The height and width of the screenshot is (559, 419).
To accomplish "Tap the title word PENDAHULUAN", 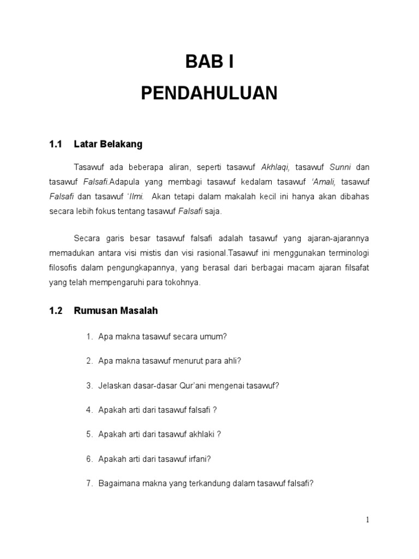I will [209, 93].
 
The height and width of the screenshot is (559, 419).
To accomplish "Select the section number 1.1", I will [56, 145].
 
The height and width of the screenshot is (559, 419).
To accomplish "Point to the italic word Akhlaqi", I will [276, 166].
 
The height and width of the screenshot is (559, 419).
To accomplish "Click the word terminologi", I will [342, 253].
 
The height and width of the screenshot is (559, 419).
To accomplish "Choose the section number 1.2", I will [56, 311].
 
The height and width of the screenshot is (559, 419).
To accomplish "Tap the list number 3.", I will [89, 385].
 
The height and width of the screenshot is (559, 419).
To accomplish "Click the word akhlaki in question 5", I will [203, 435].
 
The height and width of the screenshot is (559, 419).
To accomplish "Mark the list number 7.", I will [89, 483].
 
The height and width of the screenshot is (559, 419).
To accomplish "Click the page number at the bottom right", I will [368, 520].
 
